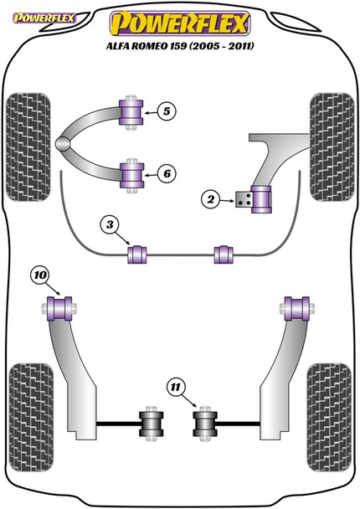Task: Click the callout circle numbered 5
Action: point(166,110)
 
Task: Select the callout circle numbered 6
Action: point(166,173)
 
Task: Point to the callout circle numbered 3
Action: point(111,224)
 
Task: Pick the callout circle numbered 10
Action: point(39,274)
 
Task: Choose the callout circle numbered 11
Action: point(175,387)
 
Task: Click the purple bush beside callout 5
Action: point(131,110)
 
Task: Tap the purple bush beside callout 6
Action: point(131,173)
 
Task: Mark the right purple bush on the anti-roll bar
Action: point(224,253)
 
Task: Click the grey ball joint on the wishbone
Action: point(65,144)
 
